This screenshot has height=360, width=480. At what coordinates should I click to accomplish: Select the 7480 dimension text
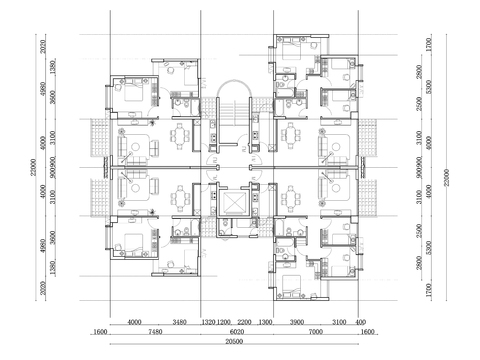153,331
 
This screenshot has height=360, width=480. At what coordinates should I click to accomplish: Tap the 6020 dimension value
237,331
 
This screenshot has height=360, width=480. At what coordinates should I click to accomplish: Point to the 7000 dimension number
313,331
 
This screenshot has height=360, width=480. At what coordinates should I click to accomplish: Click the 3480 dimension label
179,322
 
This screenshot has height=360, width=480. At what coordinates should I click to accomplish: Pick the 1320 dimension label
209,322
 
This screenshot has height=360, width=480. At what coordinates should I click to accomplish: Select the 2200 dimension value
244,322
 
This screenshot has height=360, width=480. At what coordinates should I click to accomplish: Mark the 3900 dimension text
297,322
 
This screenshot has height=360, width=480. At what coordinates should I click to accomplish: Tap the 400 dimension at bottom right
360,322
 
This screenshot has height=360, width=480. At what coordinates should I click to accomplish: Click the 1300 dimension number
265,322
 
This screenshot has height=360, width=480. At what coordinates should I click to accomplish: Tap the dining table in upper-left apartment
181,136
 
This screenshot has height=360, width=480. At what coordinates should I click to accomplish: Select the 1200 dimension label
226,322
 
